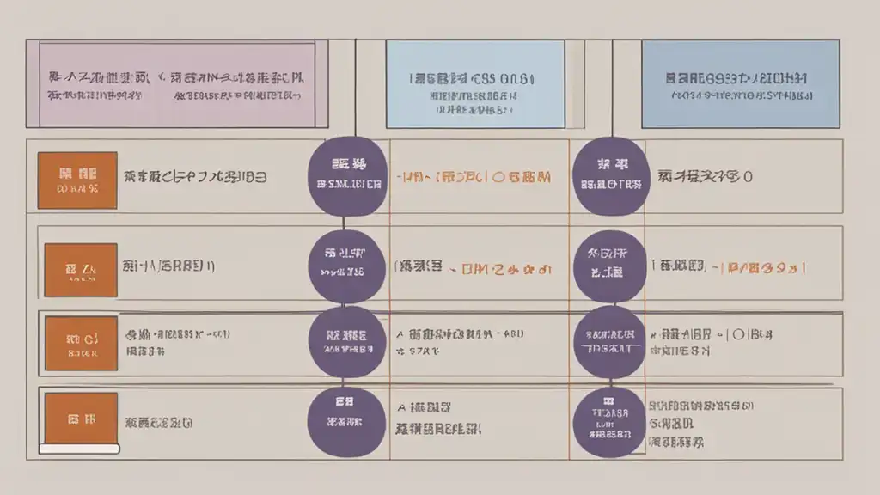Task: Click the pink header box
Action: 177,84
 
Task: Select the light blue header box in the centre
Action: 474,84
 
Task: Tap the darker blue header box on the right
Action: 740,84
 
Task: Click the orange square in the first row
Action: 76,180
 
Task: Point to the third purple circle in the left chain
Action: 344,341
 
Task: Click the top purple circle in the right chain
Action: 610,176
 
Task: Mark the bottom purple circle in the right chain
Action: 609,421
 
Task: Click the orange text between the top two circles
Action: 474,178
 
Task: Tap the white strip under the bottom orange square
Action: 80,449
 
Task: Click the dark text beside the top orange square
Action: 194,178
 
